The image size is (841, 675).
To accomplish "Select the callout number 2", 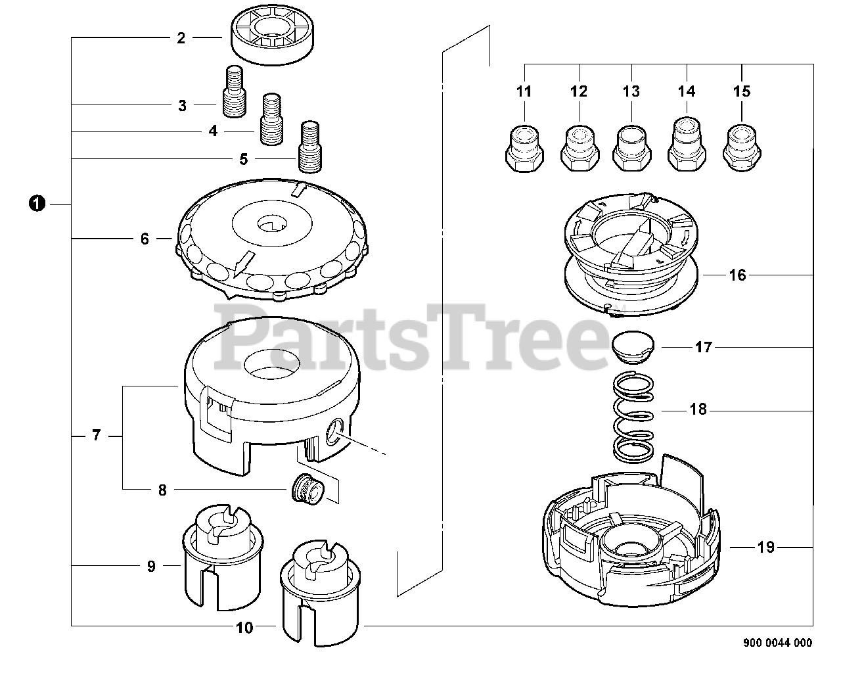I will click(181, 38).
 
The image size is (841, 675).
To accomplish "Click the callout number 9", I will click(151, 566).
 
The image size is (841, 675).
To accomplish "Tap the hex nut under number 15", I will click(741, 146).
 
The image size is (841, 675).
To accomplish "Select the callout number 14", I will click(687, 91).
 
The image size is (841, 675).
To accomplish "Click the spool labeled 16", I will click(629, 250).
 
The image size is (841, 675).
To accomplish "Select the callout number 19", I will click(766, 547).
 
